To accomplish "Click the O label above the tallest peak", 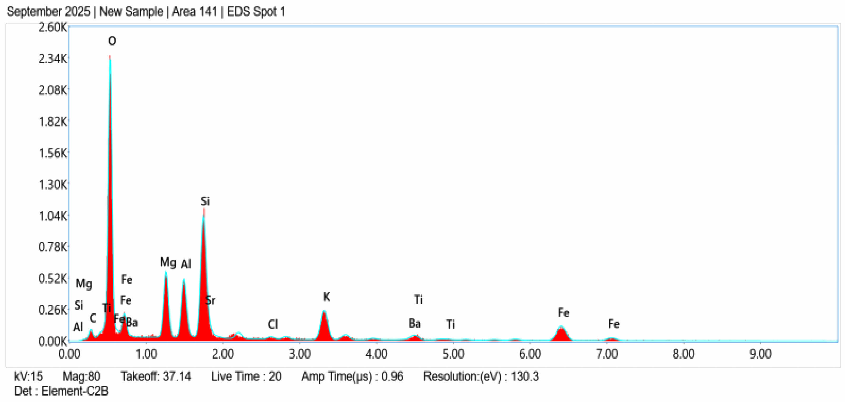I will click(112, 41).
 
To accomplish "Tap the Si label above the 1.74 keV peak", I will click(205, 201).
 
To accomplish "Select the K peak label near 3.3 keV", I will click(326, 297).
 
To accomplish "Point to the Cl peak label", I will click(273, 324).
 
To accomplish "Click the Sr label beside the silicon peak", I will click(210, 300).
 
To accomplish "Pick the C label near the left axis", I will click(93, 318).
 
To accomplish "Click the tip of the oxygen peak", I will click(110, 57).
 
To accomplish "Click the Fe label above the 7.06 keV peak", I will click(614, 324).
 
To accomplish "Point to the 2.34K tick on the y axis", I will click(53, 59).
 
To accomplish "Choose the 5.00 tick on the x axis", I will click(453, 354).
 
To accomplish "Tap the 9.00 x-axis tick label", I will click(760, 354).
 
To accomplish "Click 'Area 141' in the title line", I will click(195, 12).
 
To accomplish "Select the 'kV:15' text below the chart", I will click(29, 376).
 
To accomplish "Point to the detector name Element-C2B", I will click(75, 391).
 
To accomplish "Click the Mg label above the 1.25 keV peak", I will click(168, 262).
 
